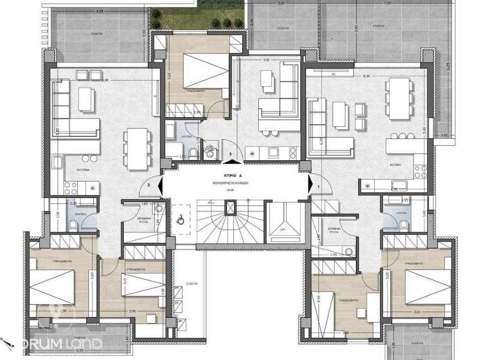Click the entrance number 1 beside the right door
click(x=319, y=186)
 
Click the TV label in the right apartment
click(x=333, y=75)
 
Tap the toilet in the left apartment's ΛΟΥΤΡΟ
click(x=72, y=225)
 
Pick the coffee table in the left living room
click(x=85, y=99)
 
